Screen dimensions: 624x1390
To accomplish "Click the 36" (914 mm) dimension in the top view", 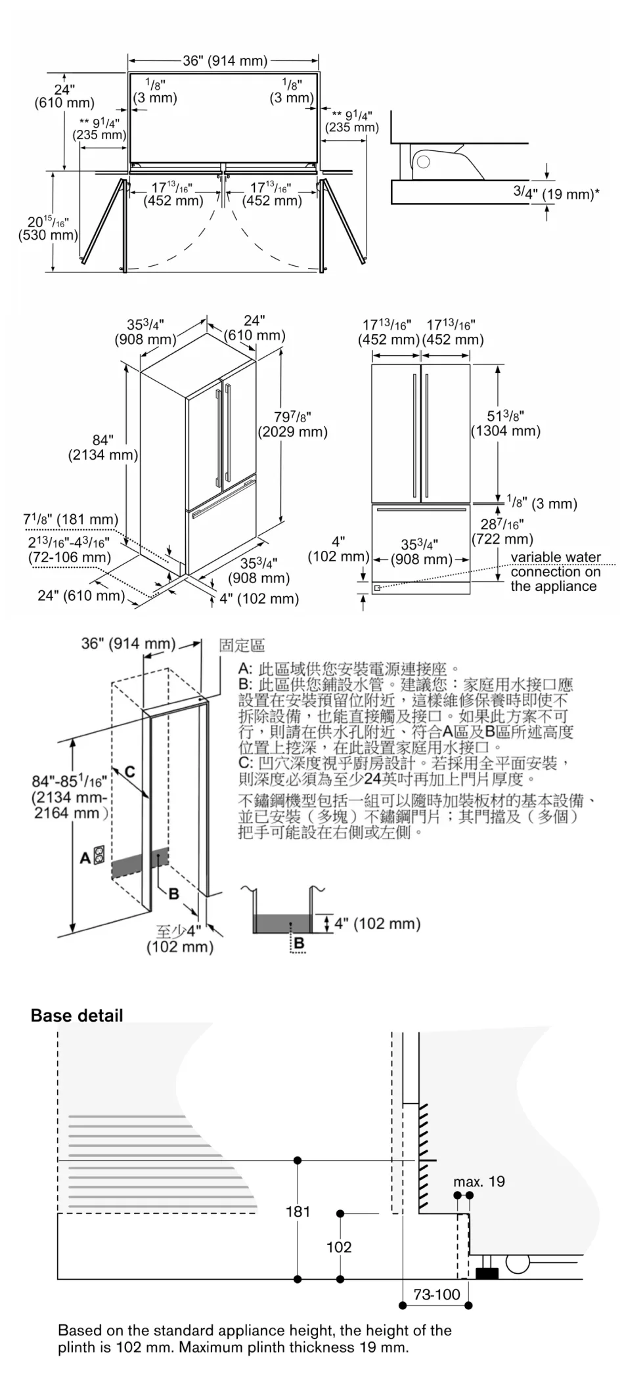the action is point(225,61).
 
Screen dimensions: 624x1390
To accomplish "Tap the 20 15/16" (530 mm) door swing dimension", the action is point(47,228).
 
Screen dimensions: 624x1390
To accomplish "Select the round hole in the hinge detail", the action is point(424,161).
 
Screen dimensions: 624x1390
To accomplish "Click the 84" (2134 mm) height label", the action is point(102,447).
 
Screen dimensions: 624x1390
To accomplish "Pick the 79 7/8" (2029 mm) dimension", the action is point(292,424).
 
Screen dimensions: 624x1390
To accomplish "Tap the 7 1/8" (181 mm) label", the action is point(71,519).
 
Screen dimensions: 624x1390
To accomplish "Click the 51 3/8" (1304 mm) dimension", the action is point(506,424).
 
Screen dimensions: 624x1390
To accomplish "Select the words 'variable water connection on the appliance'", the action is point(555,571).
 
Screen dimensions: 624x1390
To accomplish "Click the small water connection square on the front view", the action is point(377,588).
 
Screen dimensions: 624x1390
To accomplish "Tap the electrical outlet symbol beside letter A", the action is point(100,856).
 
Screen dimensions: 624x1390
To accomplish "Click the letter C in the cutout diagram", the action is point(130,771).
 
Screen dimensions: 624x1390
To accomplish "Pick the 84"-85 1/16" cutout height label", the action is point(70,796).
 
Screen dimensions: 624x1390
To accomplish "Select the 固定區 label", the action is point(242,645).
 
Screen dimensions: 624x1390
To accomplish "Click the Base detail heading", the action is point(77,1015).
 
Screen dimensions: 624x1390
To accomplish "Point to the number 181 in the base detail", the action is point(298,1211).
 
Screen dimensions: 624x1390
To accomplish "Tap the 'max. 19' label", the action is point(479,1181).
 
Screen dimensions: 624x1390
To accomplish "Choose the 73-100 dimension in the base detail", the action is point(437,1294).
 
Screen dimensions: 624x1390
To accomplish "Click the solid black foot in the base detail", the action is point(487,1273).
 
